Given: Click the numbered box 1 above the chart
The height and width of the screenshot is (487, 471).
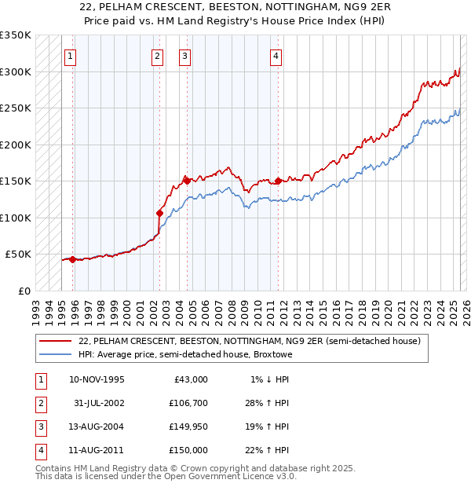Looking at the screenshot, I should pos(71,56).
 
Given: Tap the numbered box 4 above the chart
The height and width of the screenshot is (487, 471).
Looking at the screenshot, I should pos(276,56).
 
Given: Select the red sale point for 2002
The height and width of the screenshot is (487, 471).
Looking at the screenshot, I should pos(159,212).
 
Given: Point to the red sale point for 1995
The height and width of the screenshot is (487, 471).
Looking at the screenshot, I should pos(72,259).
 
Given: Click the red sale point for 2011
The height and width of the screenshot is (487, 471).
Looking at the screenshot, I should pos(279,181).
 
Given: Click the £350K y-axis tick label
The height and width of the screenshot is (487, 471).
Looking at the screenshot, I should pos(16,35).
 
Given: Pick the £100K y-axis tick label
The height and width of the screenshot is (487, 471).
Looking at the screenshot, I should pos(16,218).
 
